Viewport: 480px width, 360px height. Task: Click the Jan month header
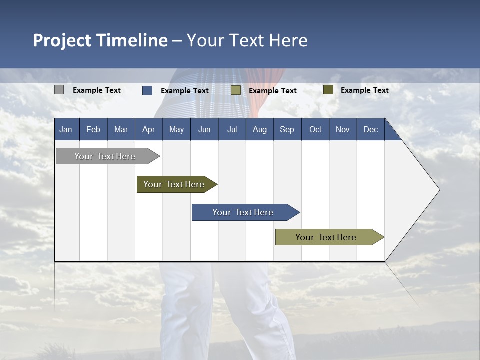(x=66, y=129)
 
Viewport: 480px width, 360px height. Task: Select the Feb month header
(x=93, y=129)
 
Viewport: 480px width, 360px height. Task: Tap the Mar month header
(x=121, y=129)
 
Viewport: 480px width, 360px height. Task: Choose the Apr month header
(x=148, y=129)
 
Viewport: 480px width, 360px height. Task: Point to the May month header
(x=176, y=129)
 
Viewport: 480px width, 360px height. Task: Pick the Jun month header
(x=204, y=129)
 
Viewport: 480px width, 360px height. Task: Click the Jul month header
(x=232, y=129)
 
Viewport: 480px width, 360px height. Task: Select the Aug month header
(x=259, y=129)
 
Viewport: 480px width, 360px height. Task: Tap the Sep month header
(x=287, y=129)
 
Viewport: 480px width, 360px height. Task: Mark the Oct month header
(x=315, y=129)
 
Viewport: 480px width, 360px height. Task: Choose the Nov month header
(x=343, y=129)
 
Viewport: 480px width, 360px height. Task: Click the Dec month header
(x=370, y=129)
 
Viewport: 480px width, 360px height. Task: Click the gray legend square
(x=59, y=90)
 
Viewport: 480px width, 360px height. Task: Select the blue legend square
(x=147, y=90)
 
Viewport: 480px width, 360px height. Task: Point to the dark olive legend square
(x=328, y=90)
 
